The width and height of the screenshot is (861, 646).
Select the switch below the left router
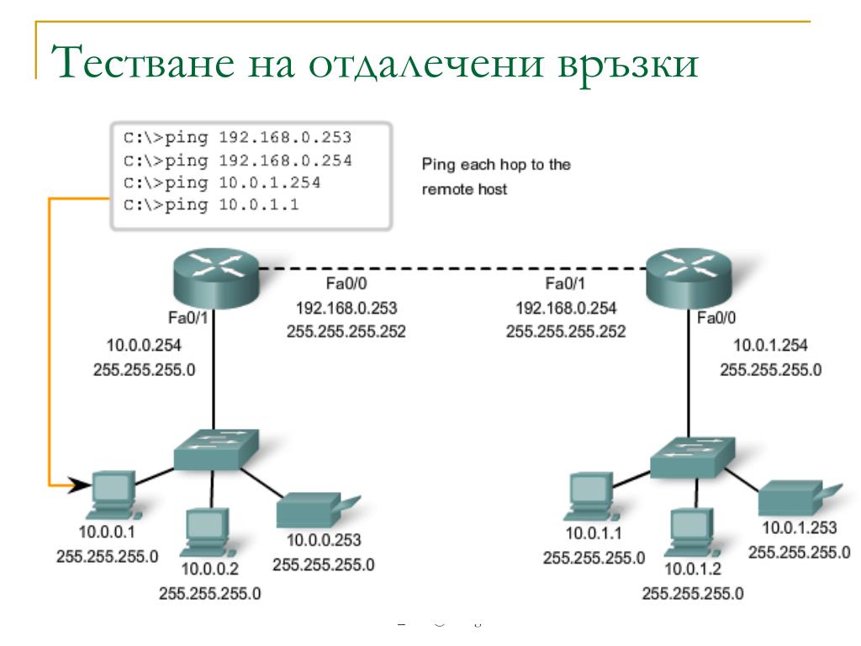tap(215, 450)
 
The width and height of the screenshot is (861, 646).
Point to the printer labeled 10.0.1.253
tap(793, 499)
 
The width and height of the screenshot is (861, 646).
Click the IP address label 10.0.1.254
tap(771, 344)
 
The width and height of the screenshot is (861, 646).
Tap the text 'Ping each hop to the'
tap(495, 165)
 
